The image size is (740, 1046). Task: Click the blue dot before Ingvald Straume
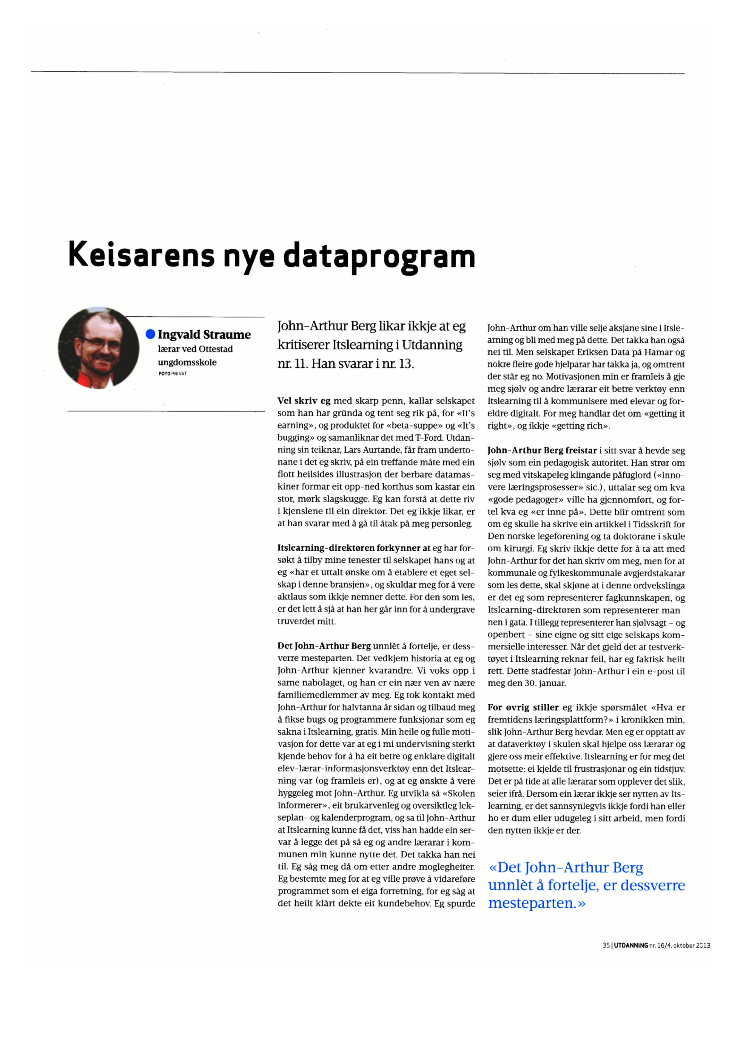(x=150, y=334)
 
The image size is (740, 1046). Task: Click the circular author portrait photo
(x=98, y=348)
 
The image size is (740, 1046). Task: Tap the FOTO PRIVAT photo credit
(x=173, y=374)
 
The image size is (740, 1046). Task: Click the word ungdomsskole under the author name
(x=187, y=363)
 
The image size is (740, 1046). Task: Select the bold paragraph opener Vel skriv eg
(x=304, y=401)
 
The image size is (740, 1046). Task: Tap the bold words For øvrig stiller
(x=523, y=708)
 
